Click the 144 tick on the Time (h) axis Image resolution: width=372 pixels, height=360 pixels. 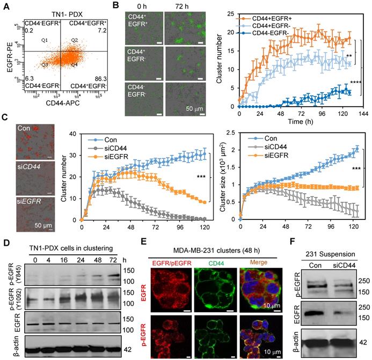coord(363,115)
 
